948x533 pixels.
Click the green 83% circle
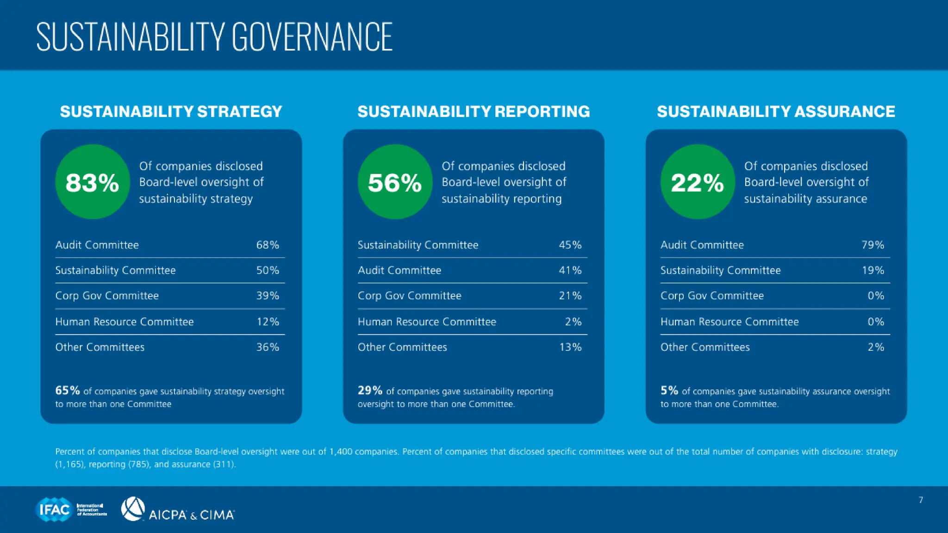(x=92, y=182)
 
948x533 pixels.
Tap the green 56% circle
(x=395, y=182)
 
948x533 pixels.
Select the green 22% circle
(x=698, y=182)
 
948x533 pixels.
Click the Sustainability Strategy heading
(x=171, y=112)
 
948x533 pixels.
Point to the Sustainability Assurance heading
(x=776, y=112)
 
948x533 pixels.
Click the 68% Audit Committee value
(x=268, y=245)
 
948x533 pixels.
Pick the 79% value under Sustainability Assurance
(x=873, y=245)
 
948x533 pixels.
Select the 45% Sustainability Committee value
(x=570, y=245)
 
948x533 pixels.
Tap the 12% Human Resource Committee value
(x=268, y=322)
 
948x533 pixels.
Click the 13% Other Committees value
(x=570, y=347)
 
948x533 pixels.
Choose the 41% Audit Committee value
(x=570, y=270)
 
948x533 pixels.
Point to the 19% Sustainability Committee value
(x=873, y=270)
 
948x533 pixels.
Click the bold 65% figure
(x=68, y=390)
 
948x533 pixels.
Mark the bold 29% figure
(x=370, y=390)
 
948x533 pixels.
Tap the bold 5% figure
(x=669, y=390)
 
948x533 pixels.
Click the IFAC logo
(x=54, y=509)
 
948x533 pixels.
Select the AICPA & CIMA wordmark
(x=191, y=515)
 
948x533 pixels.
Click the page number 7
(x=921, y=500)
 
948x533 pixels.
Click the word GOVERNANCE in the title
(x=312, y=37)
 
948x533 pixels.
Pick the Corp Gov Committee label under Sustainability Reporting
(x=409, y=296)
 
